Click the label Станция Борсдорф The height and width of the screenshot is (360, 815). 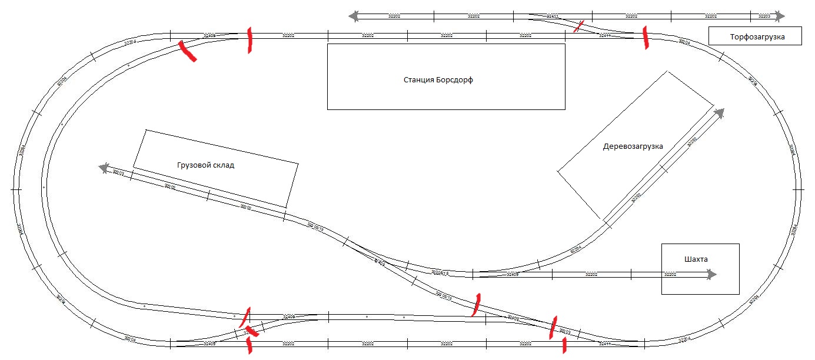pos(438,80)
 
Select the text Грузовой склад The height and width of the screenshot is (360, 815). pos(205,165)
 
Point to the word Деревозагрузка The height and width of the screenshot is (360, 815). pos(633,146)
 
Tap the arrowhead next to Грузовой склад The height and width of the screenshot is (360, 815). pos(104,169)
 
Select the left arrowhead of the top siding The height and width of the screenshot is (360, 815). pos(354,16)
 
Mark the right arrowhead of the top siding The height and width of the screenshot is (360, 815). pos(780,16)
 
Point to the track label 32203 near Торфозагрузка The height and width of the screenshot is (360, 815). pos(764,16)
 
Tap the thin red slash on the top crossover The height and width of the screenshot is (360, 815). pos(580,25)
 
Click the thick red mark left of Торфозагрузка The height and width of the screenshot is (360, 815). pos(646,37)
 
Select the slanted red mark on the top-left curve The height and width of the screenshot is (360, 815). pos(188,51)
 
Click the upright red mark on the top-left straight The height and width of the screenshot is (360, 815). pos(250,40)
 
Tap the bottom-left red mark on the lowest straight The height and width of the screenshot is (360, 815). pos(250,345)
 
